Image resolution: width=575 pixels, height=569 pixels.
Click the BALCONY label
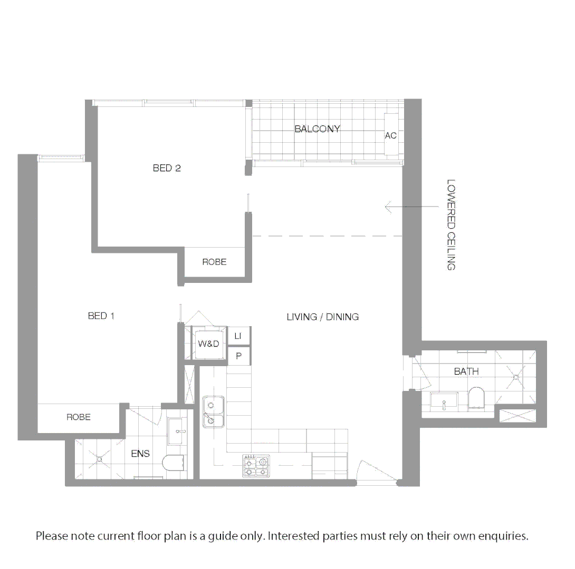(317, 129)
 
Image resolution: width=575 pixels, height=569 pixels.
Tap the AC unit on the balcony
(390, 135)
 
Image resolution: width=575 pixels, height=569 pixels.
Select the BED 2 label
(167, 169)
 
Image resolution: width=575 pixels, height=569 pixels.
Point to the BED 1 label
(101, 316)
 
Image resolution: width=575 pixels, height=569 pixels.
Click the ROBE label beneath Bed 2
(214, 262)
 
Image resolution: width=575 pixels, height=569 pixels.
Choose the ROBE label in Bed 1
(79, 417)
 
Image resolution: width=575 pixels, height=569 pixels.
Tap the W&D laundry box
(208, 344)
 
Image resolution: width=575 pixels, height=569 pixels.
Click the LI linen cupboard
(238, 336)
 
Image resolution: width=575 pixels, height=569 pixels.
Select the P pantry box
(238, 357)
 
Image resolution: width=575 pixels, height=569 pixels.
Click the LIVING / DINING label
(323, 317)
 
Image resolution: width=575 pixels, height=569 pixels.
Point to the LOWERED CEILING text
(451, 225)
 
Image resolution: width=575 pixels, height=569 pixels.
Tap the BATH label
(466, 371)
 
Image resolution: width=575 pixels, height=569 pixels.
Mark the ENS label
(140, 454)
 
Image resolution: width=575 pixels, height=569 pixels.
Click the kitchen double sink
(213, 413)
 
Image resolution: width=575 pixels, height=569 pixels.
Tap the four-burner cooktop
(256, 466)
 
